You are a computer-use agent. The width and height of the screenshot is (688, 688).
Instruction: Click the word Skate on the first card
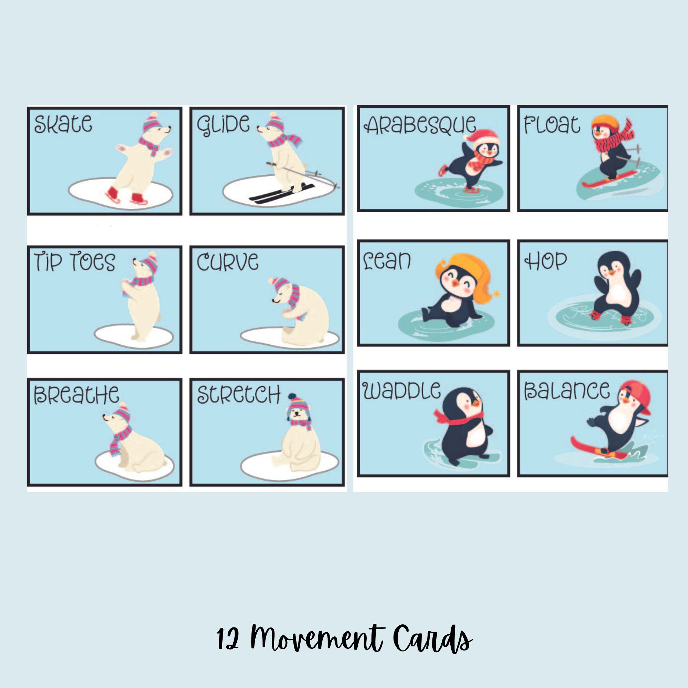[63, 124]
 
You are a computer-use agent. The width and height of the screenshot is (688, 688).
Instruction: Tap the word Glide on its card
[223, 125]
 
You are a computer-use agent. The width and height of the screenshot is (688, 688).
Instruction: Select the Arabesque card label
[419, 125]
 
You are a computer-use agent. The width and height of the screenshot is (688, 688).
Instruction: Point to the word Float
[552, 125]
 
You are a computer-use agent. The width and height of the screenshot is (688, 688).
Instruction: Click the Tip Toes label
[74, 262]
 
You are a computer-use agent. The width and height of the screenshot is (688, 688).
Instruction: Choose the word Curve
[227, 262]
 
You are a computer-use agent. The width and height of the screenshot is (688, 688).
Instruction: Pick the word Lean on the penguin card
[387, 261]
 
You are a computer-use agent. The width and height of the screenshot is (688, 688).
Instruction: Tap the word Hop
[546, 261]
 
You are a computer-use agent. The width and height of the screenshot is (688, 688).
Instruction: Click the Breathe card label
[76, 395]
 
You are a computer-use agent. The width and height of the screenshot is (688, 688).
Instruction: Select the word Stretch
[239, 395]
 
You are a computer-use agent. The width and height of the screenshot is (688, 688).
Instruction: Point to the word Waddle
[401, 390]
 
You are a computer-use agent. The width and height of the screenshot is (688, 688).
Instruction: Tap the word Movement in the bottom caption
[316, 639]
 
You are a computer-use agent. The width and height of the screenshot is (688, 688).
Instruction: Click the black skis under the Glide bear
[281, 193]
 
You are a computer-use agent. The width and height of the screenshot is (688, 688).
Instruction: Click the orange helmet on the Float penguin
[605, 122]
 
